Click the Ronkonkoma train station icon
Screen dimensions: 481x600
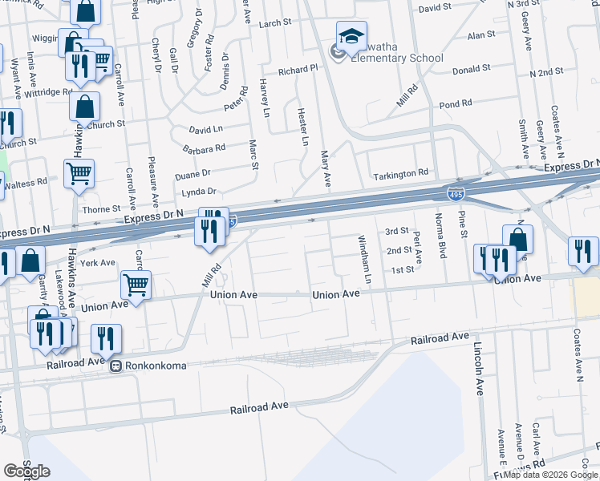tap(116, 366)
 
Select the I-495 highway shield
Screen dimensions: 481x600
tap(455, 194)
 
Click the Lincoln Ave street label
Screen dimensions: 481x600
tap(479, 370)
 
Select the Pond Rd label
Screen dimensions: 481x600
tap(455, 104)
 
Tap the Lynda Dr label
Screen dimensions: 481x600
tap(199, 192)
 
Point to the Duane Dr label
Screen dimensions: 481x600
tap(193, 172)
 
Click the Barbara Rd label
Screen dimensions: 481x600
tap(204, 148)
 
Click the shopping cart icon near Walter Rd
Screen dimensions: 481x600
tap(79, 172)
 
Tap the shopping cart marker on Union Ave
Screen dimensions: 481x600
tap(136, 284)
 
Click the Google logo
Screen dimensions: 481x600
tap(26, 471)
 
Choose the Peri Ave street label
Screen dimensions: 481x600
tap(418, 249)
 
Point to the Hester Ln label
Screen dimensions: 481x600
tap(303, 127)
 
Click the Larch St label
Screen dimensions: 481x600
tap(275, 24)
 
